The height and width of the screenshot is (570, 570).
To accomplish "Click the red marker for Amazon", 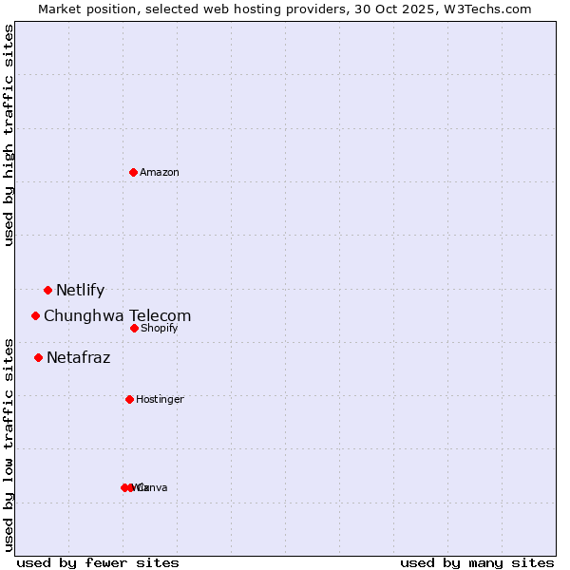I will click(x=134, y=172).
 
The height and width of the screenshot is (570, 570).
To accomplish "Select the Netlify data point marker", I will click(x=47, y=290).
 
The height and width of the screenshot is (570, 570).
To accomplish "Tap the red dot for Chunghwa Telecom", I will click(x=36, y=315).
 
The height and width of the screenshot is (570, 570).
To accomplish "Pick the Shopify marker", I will click(x=134, y=328).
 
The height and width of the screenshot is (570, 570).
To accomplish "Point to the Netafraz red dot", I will click(x=39, y=357).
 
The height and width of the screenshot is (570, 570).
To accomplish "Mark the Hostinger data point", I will click(x=129, y=399).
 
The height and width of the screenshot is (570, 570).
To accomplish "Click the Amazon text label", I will click(x=160, y=172).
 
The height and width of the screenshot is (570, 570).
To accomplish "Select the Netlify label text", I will click(x=80, y=291).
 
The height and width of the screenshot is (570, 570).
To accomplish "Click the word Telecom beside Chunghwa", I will click(x=159, y=316).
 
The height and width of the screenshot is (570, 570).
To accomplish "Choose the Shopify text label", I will click(x=159, y=329).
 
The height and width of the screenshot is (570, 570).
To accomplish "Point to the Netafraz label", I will click(x=78, y=358).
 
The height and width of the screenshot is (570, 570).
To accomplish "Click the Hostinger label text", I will click(x=160, y=400).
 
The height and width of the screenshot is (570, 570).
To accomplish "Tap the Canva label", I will click(x=152, y=488).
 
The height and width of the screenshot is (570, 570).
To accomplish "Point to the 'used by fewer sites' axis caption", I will click(x=98, y=562).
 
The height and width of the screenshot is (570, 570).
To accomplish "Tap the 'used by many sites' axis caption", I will click(x=477, y=562).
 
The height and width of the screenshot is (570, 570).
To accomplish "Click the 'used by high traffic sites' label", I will click(x=9, y=135).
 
